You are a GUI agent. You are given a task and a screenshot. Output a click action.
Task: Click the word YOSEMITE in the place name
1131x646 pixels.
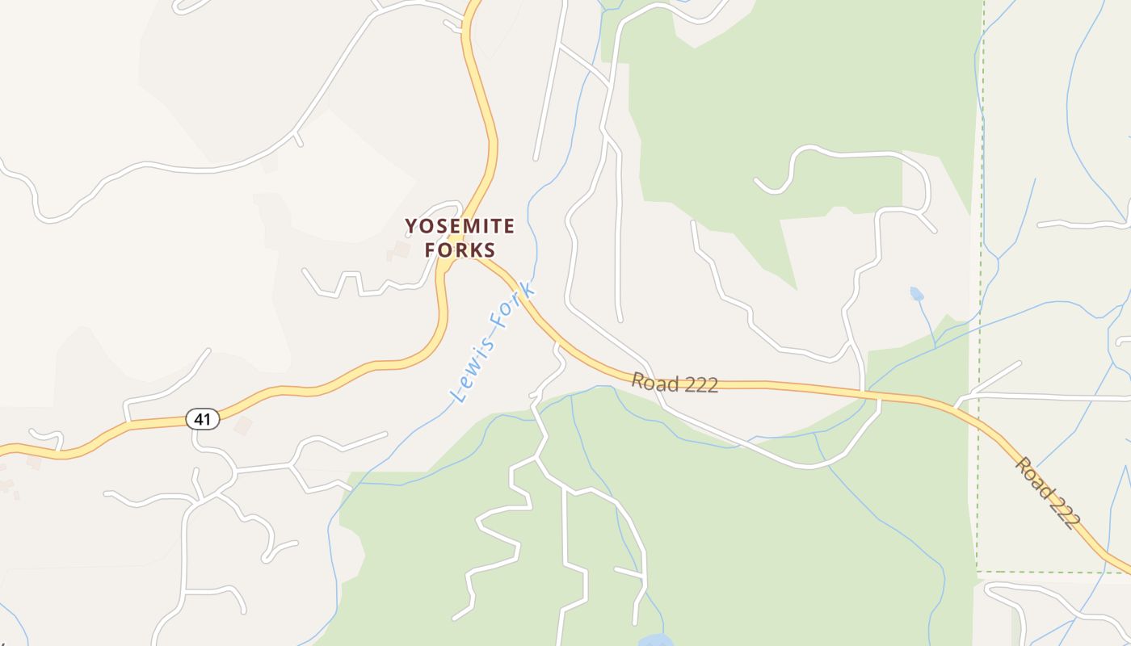(x=459, y=225)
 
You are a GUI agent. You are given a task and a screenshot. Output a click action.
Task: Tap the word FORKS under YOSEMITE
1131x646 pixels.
(x=459, y=250)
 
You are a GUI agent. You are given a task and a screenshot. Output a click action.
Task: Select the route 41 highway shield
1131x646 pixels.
(x=202, y=419)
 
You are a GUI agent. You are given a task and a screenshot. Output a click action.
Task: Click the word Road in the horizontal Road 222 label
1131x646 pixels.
(x=654, y=380)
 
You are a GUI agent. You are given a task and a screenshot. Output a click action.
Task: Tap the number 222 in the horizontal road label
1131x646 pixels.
(x=700, y=384)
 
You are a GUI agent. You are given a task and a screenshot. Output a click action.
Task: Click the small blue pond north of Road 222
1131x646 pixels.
(x=916, y=294)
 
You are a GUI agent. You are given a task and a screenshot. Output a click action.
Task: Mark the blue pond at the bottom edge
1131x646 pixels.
(x=656, y=640)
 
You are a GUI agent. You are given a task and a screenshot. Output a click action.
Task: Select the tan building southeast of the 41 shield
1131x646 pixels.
(x=243, y=426)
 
